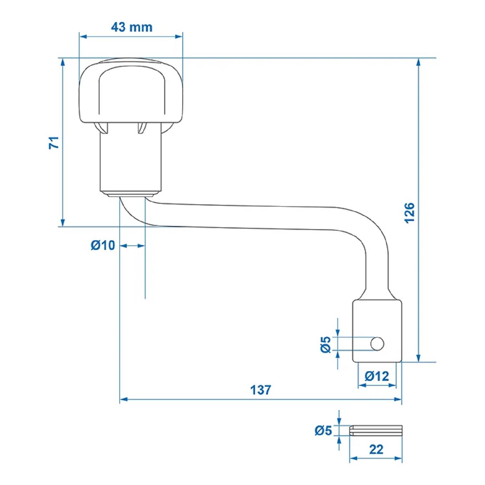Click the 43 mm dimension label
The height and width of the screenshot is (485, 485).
[132, 27]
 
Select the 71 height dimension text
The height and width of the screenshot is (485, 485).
[54, 143]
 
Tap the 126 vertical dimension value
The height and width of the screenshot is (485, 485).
[409, 213]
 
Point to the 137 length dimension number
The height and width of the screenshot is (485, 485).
[261, 390]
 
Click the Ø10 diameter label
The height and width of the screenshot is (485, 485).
[103, 245]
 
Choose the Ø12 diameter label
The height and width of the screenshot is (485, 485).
[377, 376]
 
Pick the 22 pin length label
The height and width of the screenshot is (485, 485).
[376, 449]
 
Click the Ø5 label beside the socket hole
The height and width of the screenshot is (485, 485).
[326, 344]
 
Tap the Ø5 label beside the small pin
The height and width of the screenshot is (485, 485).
[323, 431]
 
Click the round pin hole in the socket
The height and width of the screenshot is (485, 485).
[377, 344]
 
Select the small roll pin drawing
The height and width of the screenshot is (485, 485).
[376, 430]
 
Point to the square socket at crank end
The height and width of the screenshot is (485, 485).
[377, 330]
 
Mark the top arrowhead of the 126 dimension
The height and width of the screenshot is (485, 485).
[418, 62]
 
